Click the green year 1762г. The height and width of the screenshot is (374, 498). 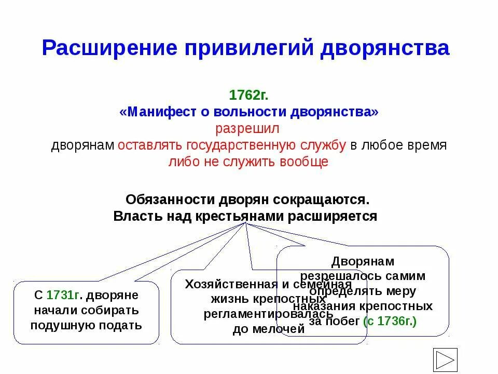tap(248, 96)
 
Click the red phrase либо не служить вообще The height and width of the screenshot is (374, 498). tap(248, 162)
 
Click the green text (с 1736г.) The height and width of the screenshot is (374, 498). tap(390, 321)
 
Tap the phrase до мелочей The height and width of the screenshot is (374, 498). tap(268, 329)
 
